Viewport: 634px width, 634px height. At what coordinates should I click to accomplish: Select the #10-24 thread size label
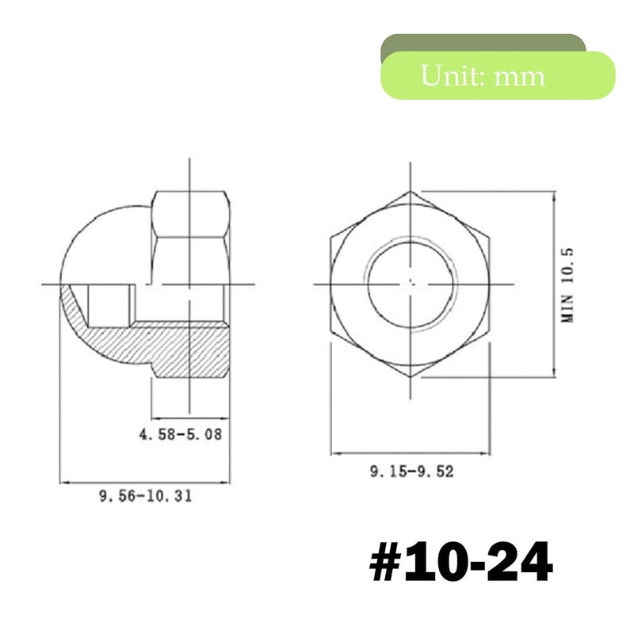461,562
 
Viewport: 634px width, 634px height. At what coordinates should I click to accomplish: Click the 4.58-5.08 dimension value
181,434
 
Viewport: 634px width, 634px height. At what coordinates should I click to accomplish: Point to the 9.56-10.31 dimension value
146,496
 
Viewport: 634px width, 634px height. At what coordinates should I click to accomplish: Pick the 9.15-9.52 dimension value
411,472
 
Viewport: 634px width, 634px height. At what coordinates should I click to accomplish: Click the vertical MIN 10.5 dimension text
567,285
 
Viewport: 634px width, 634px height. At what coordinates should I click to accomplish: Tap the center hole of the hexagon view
411,285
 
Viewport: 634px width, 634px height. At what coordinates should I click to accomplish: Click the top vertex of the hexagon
411,192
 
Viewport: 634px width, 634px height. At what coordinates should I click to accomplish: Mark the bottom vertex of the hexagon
411,377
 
